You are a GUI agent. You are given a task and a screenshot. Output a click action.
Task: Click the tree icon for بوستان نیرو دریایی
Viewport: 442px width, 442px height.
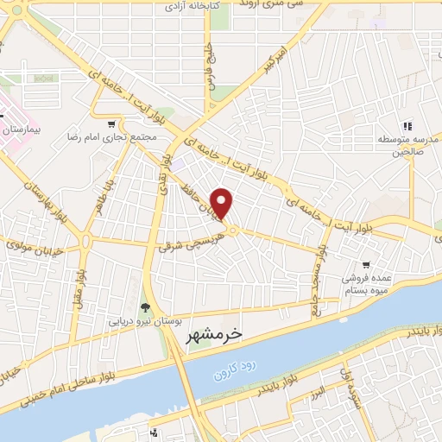tap(145, 306)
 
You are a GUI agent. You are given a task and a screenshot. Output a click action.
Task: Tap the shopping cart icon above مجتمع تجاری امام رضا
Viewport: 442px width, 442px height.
tap(116, 123)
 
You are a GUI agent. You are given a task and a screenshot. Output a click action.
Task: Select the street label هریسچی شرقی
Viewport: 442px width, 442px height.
tap(191, 243)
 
